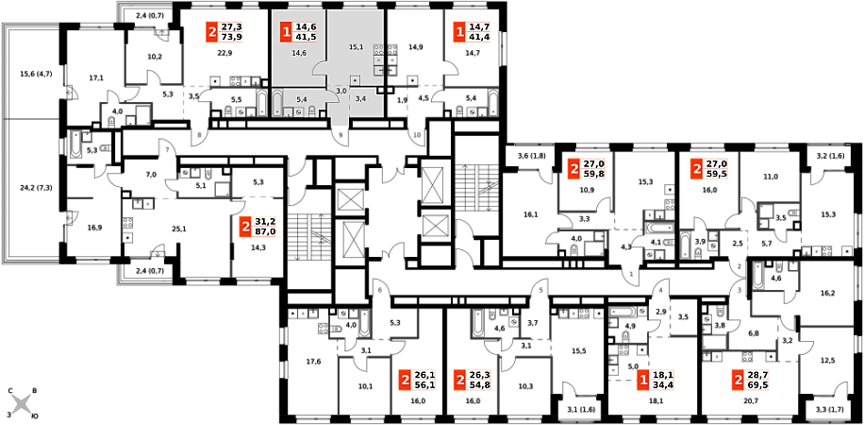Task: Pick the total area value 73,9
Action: pyautogui.click(x=231, y=37)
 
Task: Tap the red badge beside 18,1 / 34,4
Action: pyautogui.click(x=641, y=380)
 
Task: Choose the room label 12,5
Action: pyautogui.click(x=826, y=362)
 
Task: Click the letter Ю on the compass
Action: pyautogui.click(x=34, y=416)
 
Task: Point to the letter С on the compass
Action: pyautogui.click(x=10, y=391)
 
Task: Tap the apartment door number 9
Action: pyautogui.click(x=341, y=135)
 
